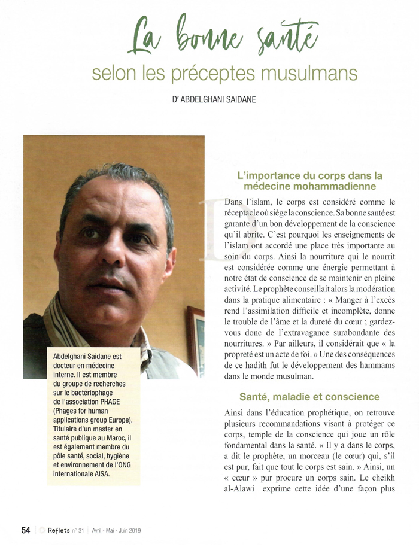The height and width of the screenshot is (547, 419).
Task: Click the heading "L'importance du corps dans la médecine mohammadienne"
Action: tap(309, 181)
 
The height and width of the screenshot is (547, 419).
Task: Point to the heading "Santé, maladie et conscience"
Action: tap(309, 397)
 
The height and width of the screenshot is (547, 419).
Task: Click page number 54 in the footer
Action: tap(26, 530)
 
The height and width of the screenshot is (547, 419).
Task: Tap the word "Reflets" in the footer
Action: tap(59, 530)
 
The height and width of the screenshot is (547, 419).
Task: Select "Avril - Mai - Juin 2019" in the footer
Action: tap(117, 531)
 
